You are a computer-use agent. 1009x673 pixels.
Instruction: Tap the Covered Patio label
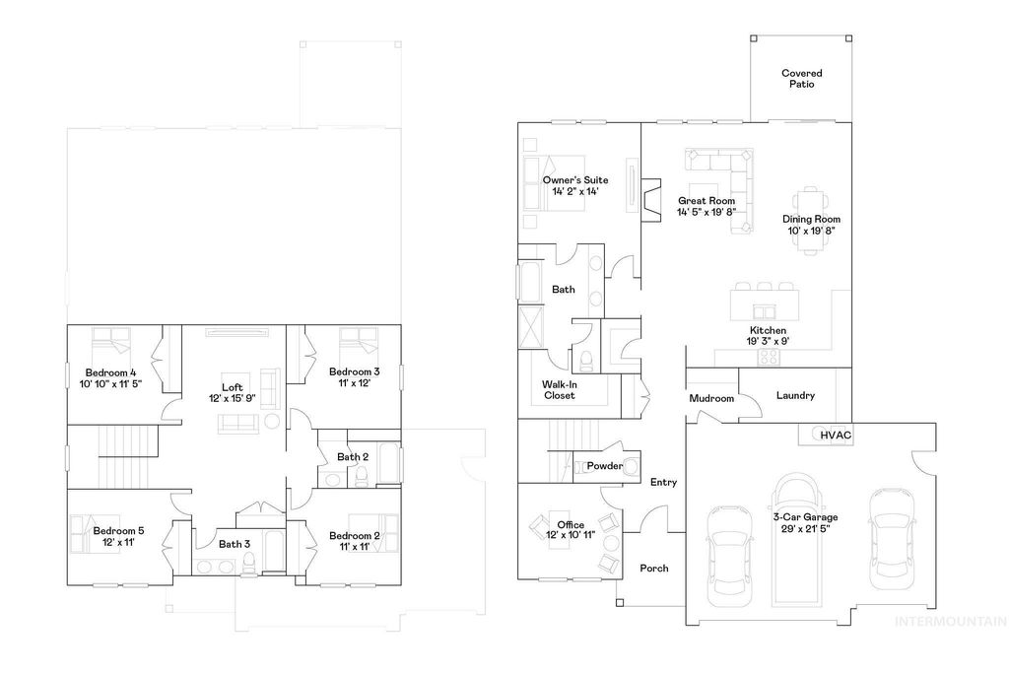click(801, 79)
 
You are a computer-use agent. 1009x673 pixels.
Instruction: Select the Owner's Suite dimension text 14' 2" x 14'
click(574, 192)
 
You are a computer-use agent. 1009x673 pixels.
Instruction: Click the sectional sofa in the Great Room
click(729, 182)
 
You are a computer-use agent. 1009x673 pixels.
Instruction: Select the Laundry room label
click(795, 396)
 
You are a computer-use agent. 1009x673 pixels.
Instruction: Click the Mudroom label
click(711, 399)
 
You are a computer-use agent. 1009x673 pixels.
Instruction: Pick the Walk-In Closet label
click(559, 389)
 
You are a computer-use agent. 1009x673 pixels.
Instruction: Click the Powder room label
click(605, 466)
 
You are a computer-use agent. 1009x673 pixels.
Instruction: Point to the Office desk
click(545, 522)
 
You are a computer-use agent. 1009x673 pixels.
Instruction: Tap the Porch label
click(654, 569)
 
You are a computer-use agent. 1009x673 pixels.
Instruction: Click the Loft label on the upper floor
click(233, 387)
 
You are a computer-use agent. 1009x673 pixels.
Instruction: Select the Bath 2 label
click(353, 457)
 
